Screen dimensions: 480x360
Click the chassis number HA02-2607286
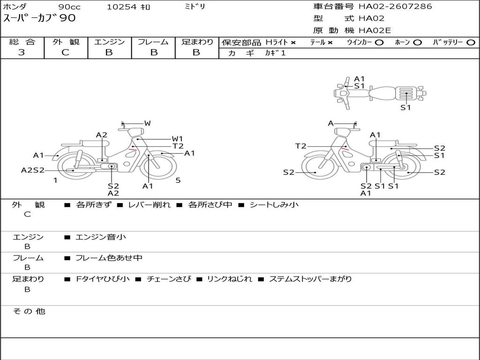click(x=395, y=6)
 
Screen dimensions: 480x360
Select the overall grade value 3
click(x=22, y=52)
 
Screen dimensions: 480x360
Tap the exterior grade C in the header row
click(x=66, y=52)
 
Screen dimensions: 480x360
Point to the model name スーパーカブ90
click(x=39, y=18)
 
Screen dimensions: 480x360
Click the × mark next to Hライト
click(x=293, y=43)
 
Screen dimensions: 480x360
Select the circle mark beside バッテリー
click(x=471, y=43)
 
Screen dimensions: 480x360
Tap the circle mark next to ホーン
click(x=417, y=43)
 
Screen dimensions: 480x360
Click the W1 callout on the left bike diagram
click(x=178, y=139)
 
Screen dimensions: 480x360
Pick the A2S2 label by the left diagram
click(x=33, y=170)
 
